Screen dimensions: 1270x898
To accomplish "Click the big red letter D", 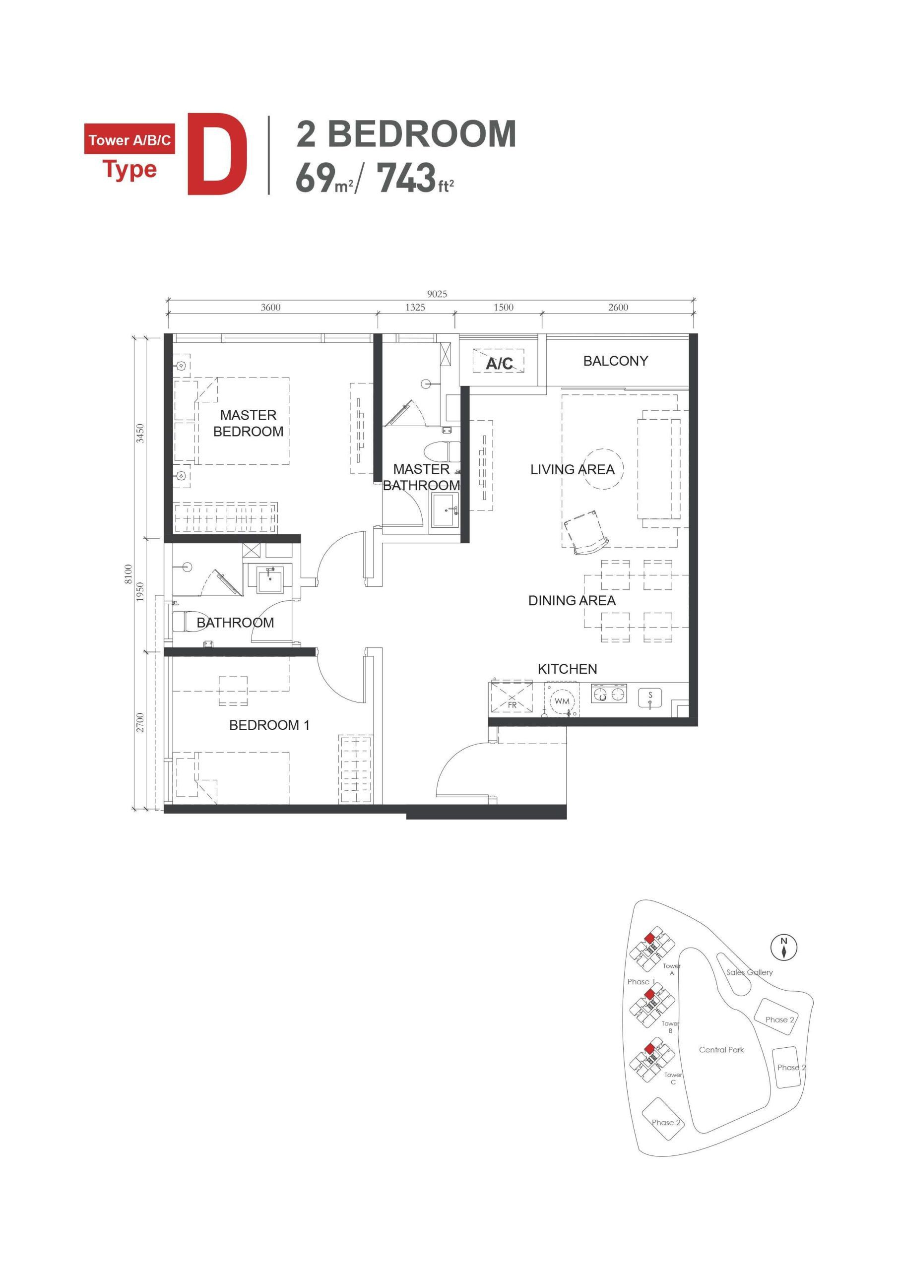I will pos(217,154).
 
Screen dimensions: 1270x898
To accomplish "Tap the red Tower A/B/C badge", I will pos(130,140).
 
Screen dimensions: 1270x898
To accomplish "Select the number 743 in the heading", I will pos(405,178).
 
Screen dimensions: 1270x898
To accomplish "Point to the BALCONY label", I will pos(615,361).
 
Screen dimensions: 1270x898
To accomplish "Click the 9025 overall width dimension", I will pos(437,294).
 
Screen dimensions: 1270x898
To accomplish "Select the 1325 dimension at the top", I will pos(415,308).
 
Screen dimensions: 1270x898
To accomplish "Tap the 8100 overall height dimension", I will pos(128,574).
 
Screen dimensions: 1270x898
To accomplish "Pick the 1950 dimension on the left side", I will pos(140,592).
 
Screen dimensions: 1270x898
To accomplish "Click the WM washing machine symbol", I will pos(562,701).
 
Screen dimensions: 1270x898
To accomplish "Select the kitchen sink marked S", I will pos(650,698).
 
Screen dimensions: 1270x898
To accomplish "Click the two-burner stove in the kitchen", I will pos(609,694).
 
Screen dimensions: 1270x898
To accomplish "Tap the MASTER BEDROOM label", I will pos(248,423).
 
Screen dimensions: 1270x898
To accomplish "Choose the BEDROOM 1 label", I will pos(269,725).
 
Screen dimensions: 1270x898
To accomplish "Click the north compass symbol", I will pos(783,948).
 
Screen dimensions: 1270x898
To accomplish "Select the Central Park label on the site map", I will pos(721,1050).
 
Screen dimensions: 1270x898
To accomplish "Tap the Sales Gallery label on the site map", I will pos(749,972).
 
